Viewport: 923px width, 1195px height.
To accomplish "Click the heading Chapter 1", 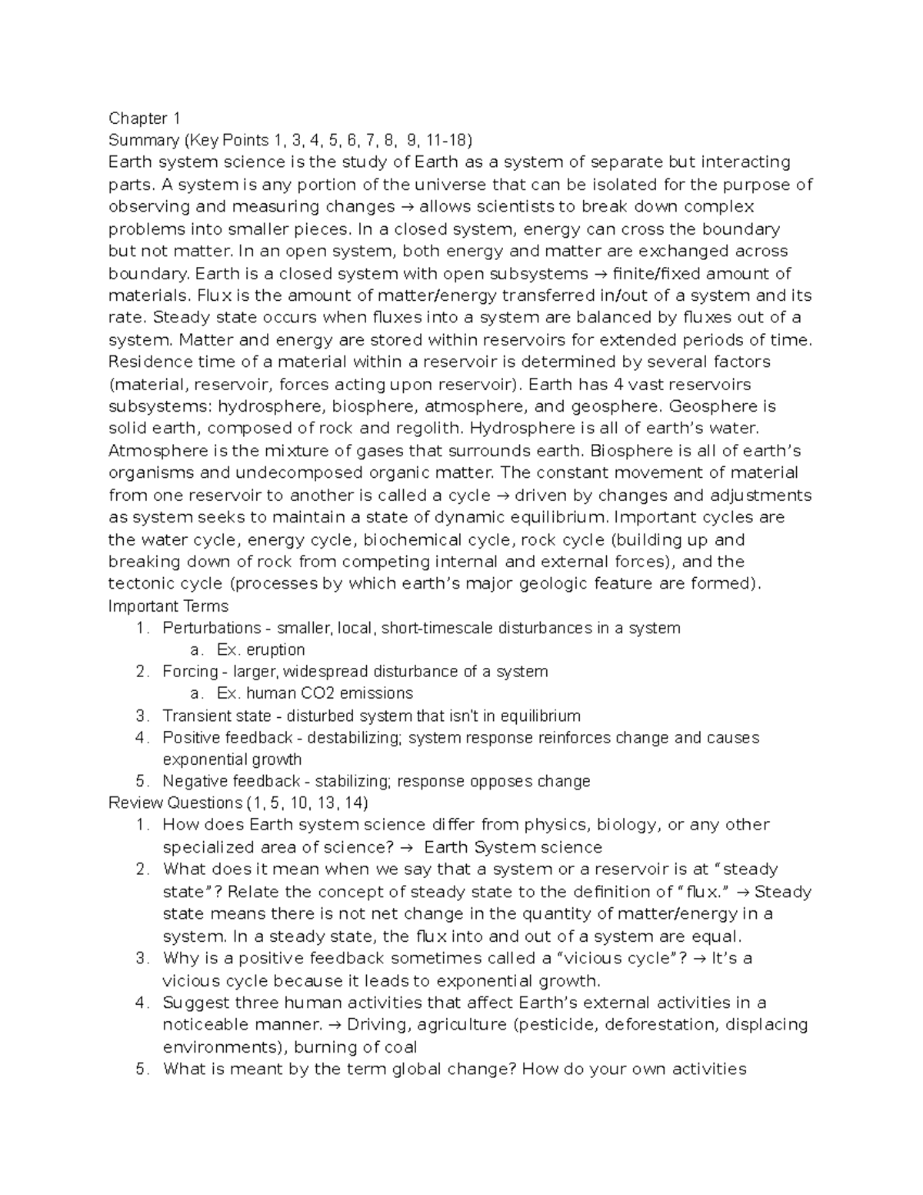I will (144, 118).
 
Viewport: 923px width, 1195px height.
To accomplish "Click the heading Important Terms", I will (168, 606).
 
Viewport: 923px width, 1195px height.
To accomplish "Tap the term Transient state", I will (216, 716).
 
